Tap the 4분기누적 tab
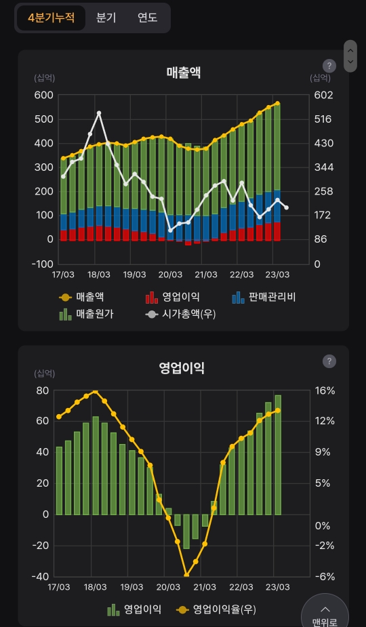click(52, 18)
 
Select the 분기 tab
click(106, 18)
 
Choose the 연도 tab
click(147, 18)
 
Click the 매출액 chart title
click(184, 73)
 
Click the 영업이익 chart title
click(182, 368)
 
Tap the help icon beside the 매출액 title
click(329, 66)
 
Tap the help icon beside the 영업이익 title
click(329, 361)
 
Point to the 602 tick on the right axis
click(324, 95)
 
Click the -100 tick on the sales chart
click(42, 264)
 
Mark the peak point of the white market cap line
click(99, 113)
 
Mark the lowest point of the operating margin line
click(186, 575)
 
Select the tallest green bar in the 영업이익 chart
click(278, 454)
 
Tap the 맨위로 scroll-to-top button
click(325, 613)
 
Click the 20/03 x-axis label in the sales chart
click(170, 275)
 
